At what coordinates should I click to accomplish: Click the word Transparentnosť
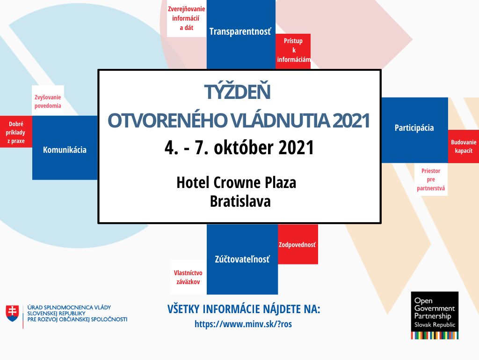240,31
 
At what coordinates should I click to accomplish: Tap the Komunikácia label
65,150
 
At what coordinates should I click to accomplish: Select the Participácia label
414,127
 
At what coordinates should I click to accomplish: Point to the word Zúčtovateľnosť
242,259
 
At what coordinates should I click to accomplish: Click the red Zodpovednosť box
298,245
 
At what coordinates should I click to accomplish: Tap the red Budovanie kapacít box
464,147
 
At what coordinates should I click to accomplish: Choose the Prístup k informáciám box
293,50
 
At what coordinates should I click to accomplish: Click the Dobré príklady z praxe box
16,132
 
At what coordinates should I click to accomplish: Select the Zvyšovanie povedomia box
48,101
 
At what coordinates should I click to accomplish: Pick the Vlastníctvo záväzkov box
188,277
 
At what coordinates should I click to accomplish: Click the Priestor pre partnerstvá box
431,180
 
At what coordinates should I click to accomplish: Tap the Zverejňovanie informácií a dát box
186,18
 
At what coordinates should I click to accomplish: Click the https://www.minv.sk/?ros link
243,324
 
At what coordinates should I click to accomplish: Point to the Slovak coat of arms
13,313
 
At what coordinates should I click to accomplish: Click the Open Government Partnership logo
435,315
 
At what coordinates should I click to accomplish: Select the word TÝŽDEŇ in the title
239,92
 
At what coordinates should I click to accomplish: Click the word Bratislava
240,201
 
